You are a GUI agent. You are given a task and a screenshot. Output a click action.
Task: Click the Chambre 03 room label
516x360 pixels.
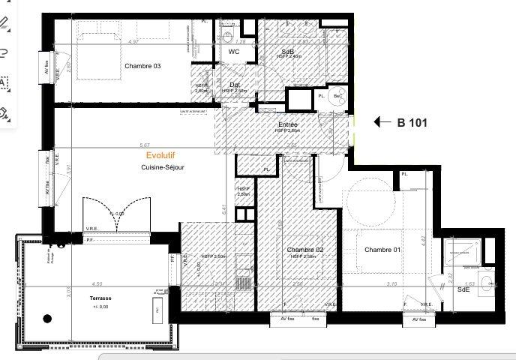pos(142,66)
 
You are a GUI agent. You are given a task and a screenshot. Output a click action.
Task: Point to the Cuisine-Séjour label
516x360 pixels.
pos(163,167)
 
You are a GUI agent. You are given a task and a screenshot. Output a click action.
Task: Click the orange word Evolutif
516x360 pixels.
pos(160,155)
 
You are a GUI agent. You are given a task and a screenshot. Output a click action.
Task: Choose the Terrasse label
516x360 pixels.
pos(98,298)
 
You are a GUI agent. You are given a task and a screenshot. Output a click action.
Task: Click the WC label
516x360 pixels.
pos(233,52)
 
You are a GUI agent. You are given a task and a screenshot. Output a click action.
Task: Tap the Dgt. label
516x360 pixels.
pos(235,85)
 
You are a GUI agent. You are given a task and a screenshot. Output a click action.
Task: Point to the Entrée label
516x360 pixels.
pos(288,124)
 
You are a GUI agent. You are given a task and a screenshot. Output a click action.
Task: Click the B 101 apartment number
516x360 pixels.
pos(412,122)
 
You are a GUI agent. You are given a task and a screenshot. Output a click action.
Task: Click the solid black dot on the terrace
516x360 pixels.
pos(47,319)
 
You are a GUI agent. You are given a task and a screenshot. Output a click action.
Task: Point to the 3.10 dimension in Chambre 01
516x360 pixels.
pos(391,284)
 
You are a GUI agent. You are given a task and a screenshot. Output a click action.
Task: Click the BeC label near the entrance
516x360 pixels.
pos(337,97)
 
